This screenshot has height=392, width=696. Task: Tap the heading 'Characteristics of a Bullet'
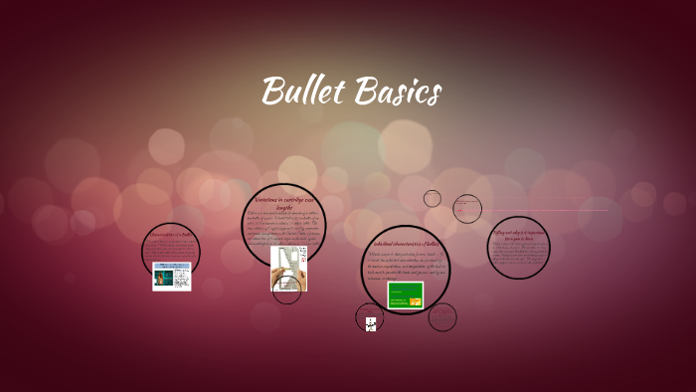(170, 235)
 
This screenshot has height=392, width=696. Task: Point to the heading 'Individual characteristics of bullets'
(407, 244)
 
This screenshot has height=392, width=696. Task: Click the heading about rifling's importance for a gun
(519, 236)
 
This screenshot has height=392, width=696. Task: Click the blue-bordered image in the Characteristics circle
(171, 276)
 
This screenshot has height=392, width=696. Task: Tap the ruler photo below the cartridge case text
(288, 267)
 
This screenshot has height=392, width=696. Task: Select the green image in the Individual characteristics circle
(405, 294)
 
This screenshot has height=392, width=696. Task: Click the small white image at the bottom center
(370, 322)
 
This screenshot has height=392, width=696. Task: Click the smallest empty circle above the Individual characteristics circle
(432, 198)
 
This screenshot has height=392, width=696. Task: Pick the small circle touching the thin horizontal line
(466, 209)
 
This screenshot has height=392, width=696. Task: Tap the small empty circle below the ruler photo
(286, 290)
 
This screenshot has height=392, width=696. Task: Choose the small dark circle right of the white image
(441, 317)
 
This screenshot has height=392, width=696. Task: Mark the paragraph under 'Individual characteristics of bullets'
(408, 266)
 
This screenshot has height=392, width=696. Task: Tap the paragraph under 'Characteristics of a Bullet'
(170, 249)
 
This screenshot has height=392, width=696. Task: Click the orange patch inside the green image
(416, 301)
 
